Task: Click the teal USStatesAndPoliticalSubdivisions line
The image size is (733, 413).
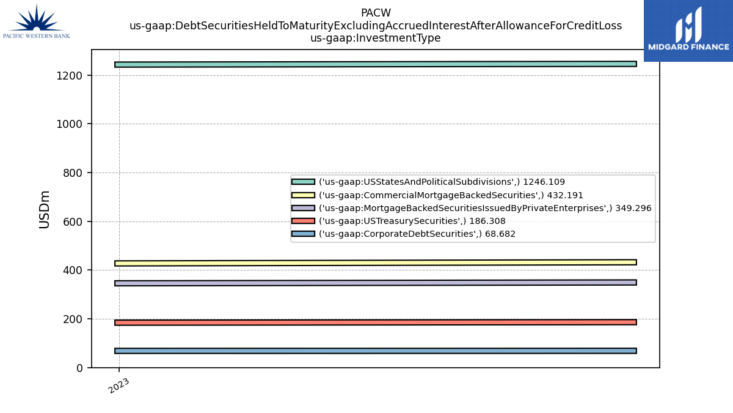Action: point(376,64)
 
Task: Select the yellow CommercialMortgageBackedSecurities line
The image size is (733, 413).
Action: point(376,263)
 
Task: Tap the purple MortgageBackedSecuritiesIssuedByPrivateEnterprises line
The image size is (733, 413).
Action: point(376,283)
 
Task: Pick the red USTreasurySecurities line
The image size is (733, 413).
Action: point(376,322)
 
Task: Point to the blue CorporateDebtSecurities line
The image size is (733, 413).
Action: point(376,351)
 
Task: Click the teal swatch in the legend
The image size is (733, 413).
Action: point(303,182)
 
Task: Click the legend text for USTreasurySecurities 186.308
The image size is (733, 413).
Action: point(412,221)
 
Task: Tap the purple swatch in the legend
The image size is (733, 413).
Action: point(303,208)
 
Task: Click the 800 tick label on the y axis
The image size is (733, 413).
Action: point(73,173)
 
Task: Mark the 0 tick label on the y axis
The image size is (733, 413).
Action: point(79,368)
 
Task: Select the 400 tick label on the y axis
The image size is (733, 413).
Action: point(73,270)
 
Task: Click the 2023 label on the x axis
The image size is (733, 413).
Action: point(119,385)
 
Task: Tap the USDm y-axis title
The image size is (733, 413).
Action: point(44,209)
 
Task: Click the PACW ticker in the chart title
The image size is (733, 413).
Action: point(376,13)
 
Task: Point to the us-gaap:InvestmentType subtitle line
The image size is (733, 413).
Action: point(375,38)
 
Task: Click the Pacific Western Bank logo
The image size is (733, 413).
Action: point(36,21)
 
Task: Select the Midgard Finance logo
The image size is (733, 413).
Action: point(688,31)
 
